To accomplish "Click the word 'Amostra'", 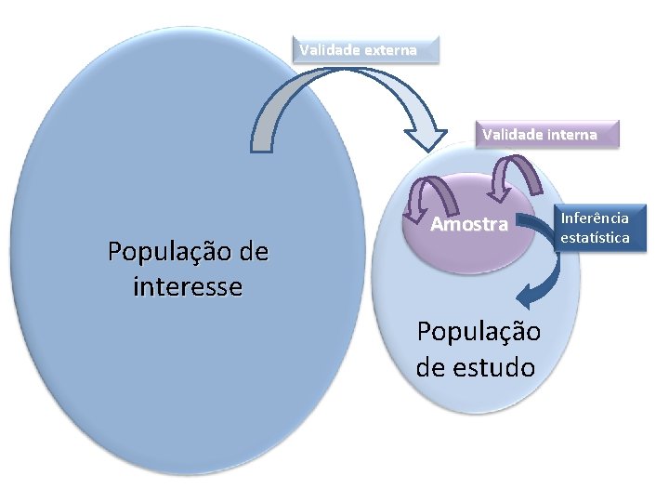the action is click(x=470, y=225).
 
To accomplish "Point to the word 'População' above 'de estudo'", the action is click(x=479, y=332).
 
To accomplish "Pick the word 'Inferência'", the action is click(x=595, y=218).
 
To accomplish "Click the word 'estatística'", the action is click(x=595, y=238).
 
